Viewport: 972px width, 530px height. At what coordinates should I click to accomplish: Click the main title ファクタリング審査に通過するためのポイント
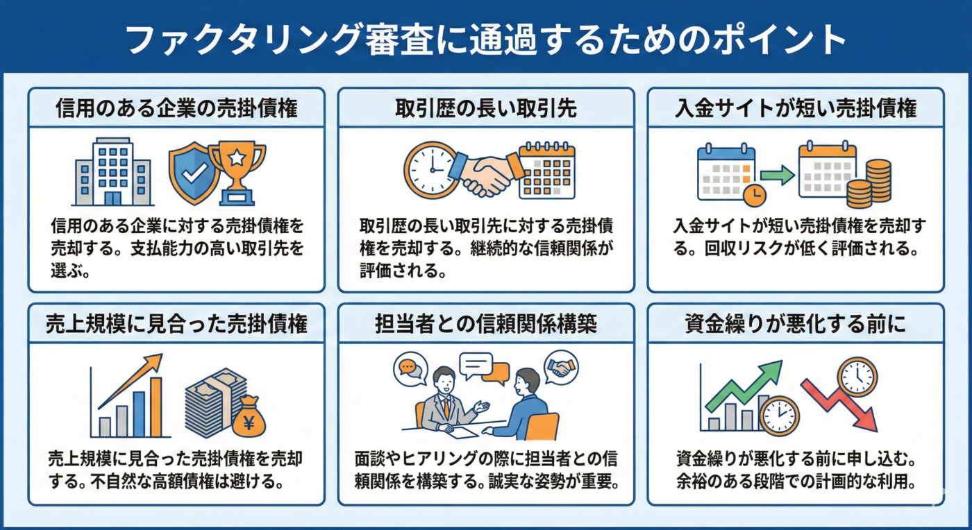(486, 40)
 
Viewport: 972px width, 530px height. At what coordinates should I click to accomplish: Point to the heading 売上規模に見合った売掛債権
(176, 324)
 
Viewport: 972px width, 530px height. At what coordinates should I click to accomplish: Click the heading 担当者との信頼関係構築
(486, 324)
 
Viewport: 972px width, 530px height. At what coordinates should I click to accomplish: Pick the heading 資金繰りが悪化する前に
(796, 324)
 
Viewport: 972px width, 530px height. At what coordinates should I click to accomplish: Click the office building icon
(112, 171)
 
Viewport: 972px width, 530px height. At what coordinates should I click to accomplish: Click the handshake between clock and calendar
(485, 173)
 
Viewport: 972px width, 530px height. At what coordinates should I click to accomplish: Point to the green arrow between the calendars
(777, 175)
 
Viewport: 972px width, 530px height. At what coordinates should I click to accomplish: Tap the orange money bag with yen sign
(248, 418)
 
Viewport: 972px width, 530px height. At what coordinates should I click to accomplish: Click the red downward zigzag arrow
(841, 402)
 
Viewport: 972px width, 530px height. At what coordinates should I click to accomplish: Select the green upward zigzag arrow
(743, 384)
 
